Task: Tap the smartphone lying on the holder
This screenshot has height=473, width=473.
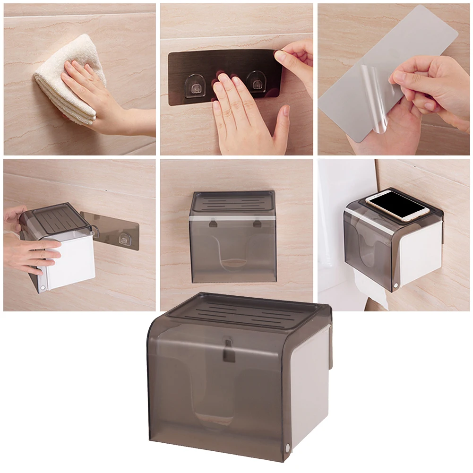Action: (397, 204)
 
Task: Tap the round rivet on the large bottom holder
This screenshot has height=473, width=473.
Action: (288, 447)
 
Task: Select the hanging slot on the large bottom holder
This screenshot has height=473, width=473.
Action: (228, 350)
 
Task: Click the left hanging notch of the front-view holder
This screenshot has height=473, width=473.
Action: (213, 222)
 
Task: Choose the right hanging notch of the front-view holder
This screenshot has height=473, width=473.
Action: (257, 222)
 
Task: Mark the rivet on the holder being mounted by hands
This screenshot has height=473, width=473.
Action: (43, 287)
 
